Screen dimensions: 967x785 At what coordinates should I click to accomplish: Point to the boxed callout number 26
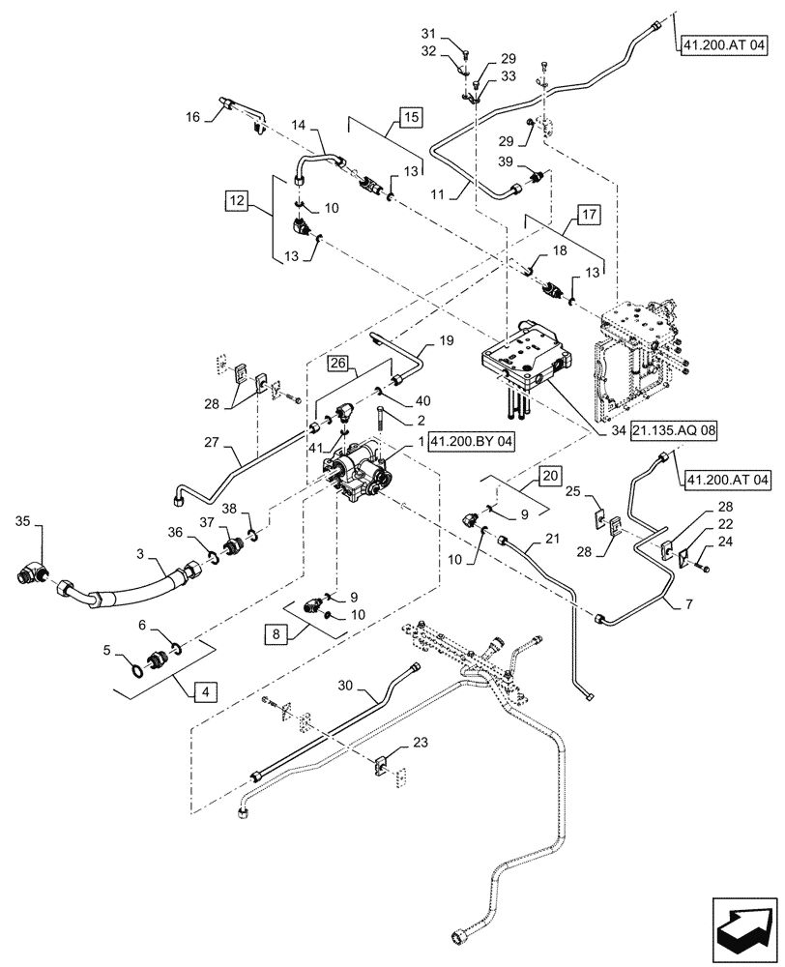pyautogui.click(x=336, y=364)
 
